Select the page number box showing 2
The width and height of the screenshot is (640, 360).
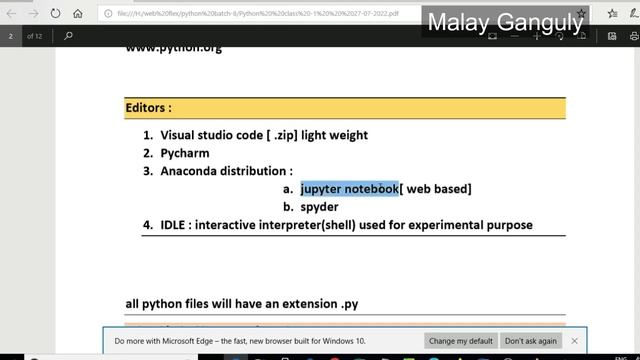point(11,35)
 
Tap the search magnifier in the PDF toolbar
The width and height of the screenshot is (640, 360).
point(68,35)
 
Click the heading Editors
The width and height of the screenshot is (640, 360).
point(148,107)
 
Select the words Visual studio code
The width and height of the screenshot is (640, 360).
point(210,135)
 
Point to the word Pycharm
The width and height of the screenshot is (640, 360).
point(182,153)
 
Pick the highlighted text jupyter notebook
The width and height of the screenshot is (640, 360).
point(349,189)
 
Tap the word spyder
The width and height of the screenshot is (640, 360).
point(319,207)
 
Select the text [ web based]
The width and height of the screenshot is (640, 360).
point(436,189)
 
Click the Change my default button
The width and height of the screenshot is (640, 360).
point(461,341)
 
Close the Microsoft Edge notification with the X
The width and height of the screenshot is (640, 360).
point(574,341)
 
